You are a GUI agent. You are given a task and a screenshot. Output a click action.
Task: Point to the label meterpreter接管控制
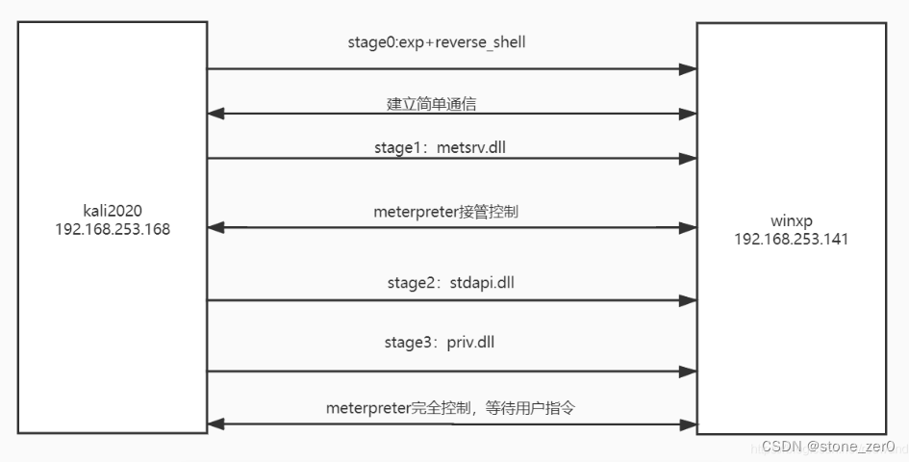pyautogui.click(x=445, y=211)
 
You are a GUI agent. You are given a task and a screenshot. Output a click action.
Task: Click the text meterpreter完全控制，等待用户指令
pyautogui.click(x=451, y=408)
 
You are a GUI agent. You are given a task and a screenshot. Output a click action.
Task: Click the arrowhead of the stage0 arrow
pyautogui.click(x=688, y=69)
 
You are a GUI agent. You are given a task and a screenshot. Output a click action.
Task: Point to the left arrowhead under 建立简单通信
pyautogui.click(x=216, y=114)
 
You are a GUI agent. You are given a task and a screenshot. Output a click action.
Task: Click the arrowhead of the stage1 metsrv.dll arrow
pyautogui.click(x=688, y=159)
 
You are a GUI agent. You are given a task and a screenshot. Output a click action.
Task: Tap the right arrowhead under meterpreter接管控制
pyautogui.click(x=688, y=229)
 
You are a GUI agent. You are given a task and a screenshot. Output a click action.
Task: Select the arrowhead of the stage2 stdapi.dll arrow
pyautogui.click(x=688, y=300)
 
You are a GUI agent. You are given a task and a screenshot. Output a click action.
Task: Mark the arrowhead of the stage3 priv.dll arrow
pyautogui.click(x=688, y=371)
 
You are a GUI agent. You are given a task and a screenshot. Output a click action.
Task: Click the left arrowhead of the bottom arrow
pyautogui.click(x=216, y=423)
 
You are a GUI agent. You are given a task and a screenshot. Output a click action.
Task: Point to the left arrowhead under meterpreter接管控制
pyautogui.click(x=216, y=229)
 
